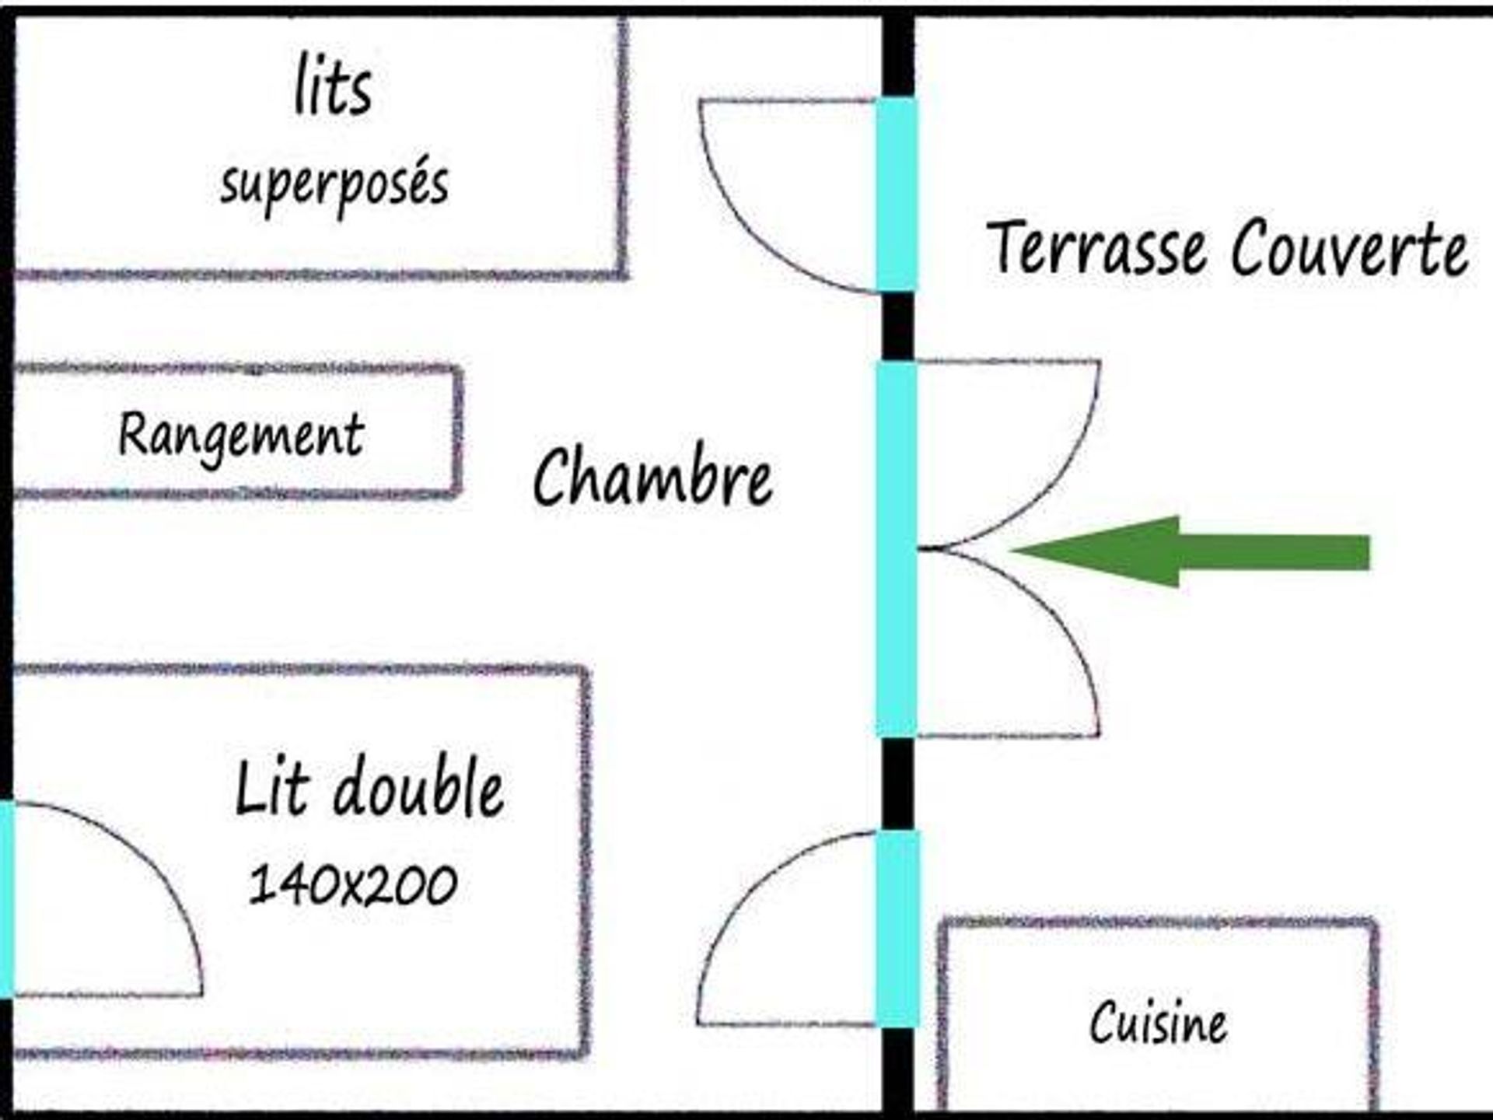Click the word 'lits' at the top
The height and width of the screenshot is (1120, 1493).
(x=333, y=87)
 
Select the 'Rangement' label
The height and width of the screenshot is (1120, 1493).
(x=241, y=436)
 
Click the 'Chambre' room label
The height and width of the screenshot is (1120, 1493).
(x=652, y=476)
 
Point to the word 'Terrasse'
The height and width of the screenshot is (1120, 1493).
(x=1096, y=247)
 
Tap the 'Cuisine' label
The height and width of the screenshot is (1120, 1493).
(x=1158, y=1023)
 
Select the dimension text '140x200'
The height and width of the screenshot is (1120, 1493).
(x=353, y=885)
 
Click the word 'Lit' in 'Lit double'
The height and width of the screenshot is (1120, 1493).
(x=272, y=789)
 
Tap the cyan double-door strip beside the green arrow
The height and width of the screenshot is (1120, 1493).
(x=897, y=548)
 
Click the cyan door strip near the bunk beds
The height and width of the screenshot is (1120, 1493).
(x=897, y=194)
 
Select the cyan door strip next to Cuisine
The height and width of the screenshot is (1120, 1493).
(x=898, y=928)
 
